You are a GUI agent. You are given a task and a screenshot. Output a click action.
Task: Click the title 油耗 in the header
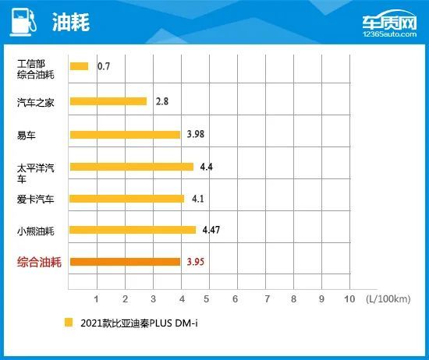point(72,23)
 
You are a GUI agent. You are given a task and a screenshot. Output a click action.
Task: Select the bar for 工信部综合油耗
point(79,67)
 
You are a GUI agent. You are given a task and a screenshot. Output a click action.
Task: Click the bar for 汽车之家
point(108,101)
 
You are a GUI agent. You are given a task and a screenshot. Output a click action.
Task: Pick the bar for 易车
point(125,134)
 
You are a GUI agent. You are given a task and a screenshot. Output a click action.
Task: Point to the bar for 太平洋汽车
point(131,166)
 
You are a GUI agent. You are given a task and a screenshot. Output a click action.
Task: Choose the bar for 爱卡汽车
point(126,198)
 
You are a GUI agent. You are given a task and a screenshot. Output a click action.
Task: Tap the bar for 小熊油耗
point(133,230)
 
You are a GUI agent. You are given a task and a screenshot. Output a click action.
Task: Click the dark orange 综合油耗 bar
point(125,262)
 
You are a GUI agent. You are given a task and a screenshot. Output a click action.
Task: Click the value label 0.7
point(103,67)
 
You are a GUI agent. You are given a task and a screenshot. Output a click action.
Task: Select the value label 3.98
point(197,134)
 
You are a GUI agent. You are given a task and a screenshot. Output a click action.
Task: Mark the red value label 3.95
point(197,262)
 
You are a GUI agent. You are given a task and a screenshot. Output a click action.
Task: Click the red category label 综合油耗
point(40,262)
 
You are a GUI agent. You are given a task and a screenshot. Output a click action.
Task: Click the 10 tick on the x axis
point(349,298)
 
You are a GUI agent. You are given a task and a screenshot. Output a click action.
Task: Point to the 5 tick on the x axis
point(207,298)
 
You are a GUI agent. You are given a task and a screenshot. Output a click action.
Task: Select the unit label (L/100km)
point(384,298)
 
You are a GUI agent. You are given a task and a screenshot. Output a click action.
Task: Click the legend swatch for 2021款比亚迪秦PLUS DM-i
point(69,322)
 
